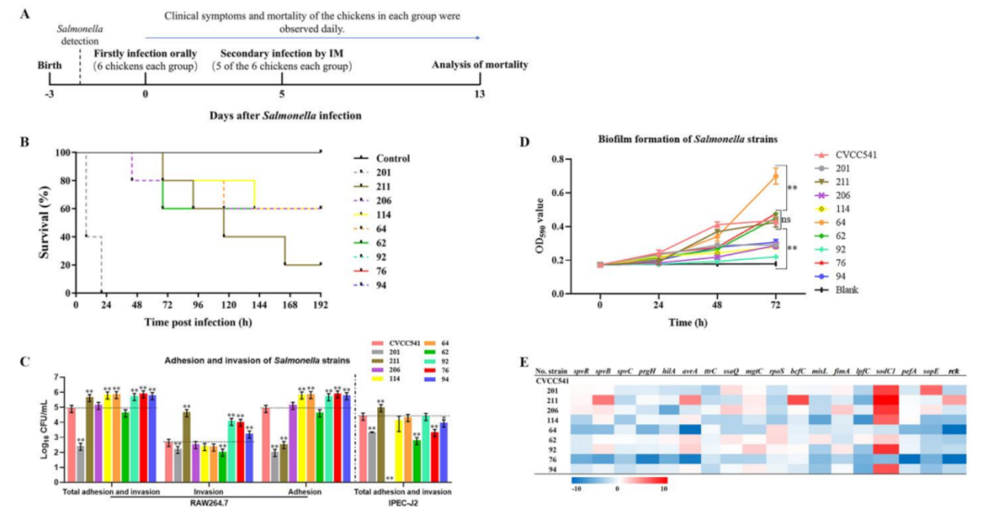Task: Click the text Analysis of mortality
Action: (479, 65)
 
